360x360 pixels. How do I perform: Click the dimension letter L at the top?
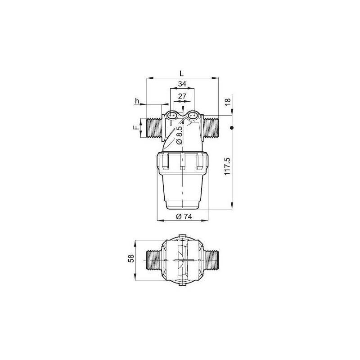tap(181, 72)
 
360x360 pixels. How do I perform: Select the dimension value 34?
tap(182, 84)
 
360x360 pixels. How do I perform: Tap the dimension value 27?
tap(182, 96)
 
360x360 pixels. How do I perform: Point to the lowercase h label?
tap(137, 101)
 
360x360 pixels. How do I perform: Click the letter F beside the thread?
tap(135, 128)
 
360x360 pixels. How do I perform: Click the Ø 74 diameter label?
tap(182, 216)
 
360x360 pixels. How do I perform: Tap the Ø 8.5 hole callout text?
tap(180, 135)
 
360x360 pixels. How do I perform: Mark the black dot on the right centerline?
tap(232, 128)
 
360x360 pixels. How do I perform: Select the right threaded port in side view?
tap(211, 128)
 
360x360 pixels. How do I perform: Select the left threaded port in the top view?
tap(154, 261)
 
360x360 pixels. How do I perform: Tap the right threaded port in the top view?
tap(211, 261)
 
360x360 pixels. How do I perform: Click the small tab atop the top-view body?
tap(183, 235)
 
